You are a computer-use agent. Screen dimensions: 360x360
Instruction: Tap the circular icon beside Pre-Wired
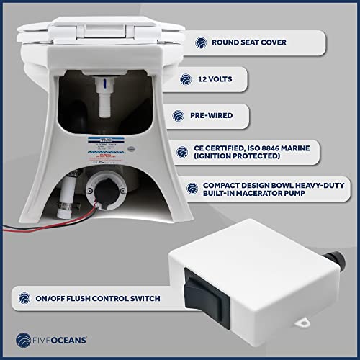pos(178,114)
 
